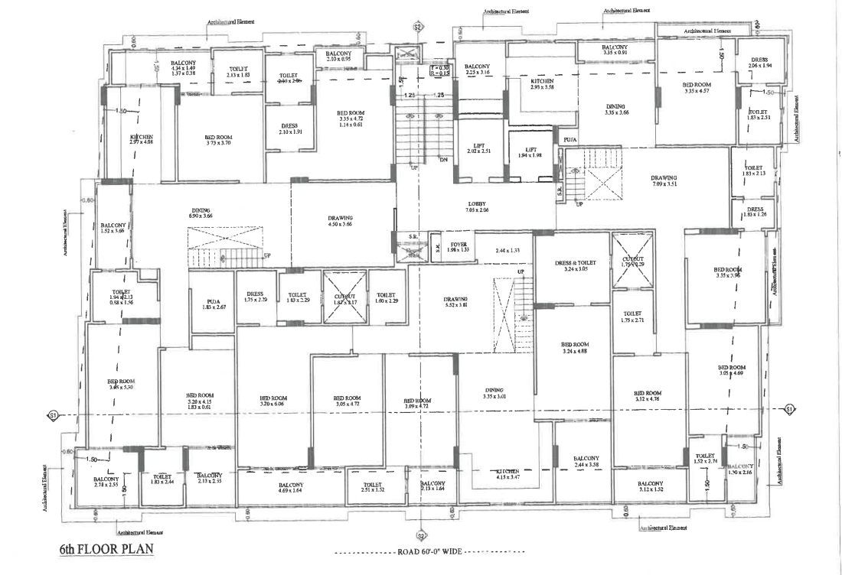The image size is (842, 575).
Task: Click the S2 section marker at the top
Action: coord(418,27)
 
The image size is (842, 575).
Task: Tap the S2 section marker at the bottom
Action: coord(419,535)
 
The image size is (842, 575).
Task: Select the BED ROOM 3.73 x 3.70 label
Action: coord(218,140)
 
